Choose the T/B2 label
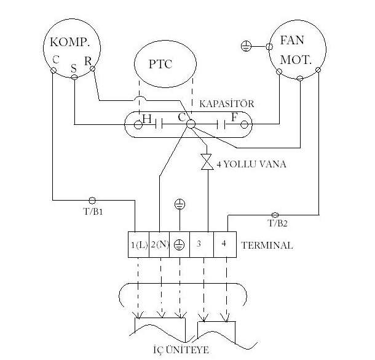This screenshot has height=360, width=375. click(x=278, y=224)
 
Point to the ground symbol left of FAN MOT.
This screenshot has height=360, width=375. click(x=246, y=46)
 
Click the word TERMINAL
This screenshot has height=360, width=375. click(x=267, y=245)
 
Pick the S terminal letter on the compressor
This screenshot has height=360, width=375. click(x=74, y=69)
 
